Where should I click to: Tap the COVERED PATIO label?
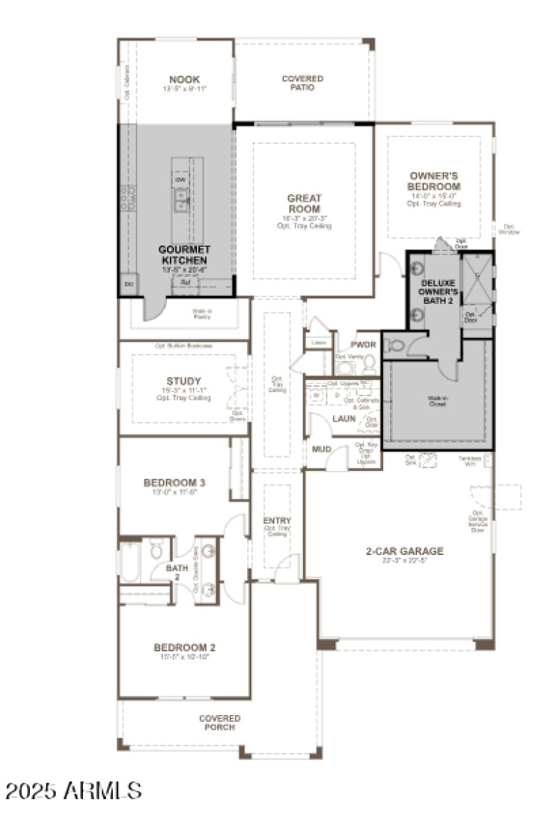(x=302, y=83)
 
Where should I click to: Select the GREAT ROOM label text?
(x=304, y=203)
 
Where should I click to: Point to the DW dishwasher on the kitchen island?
(x=181, y=180)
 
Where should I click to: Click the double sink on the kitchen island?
(x=182, y=203)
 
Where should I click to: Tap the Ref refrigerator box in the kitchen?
(x=185, y=282)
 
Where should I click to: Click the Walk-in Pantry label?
(x=202, y=314)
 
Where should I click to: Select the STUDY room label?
(x=184, y=381)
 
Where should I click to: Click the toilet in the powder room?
(x=370, y=362)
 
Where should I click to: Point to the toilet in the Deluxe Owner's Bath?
(x=396, y=344)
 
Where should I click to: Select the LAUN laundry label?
(x=344, y=419)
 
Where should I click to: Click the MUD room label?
(x=321, y=449)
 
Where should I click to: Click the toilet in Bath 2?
(x=157, y=552)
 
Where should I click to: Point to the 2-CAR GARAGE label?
(x=405, y=552)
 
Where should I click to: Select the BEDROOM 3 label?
(x=174, y=482)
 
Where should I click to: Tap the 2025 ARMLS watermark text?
(x=74, y=790)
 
